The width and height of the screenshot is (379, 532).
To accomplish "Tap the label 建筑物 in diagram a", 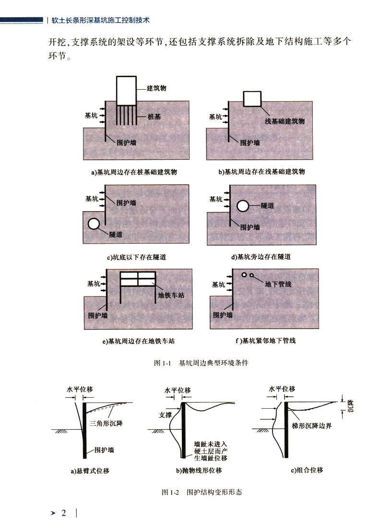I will point(157,88).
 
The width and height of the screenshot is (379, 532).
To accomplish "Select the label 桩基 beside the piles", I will point(154,116).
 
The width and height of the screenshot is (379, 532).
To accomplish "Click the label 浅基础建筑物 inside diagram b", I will point(285,121).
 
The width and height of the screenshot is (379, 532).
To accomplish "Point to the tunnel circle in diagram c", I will point(94,224).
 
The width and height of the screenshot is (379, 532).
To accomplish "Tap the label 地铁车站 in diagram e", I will point(171,295).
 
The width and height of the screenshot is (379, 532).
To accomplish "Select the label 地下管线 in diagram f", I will point(278,284).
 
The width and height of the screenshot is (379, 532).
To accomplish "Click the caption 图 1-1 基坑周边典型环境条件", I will point(201,363).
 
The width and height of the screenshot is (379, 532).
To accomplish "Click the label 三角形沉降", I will point(106,424).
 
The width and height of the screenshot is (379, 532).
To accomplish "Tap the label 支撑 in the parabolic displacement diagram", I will point(165,415).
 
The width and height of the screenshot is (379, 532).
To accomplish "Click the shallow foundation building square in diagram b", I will point(253,98).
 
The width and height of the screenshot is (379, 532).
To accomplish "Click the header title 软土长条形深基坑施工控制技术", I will point(101,21).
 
